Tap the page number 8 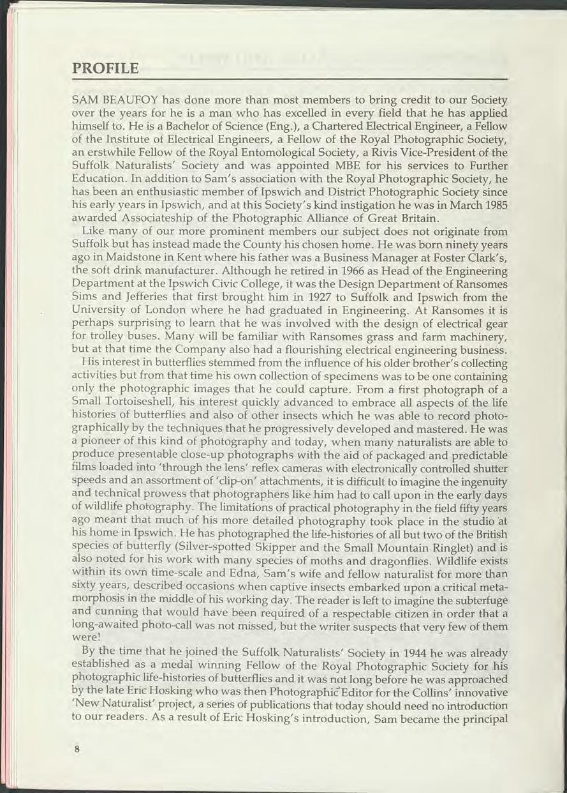pos(77,750)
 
